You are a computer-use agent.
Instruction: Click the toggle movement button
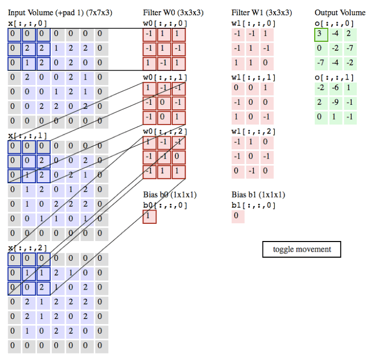click(302, 249)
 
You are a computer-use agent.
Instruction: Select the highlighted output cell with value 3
click(321, 35)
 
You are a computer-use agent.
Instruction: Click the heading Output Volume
click(340, 12)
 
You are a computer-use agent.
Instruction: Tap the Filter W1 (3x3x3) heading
click(261, 12)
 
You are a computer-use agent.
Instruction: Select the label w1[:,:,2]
click(252, 132)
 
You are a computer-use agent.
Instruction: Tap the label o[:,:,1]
click(334, 77)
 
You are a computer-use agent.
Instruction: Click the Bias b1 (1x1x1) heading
click(258, 194)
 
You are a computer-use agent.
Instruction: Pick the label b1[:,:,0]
click(252, 205)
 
